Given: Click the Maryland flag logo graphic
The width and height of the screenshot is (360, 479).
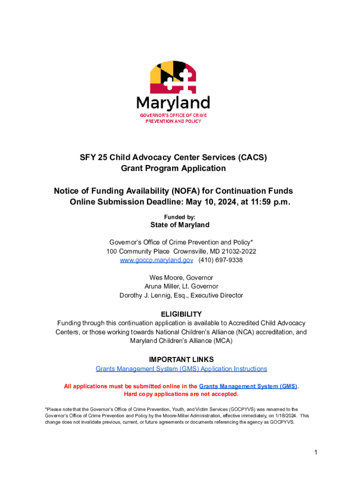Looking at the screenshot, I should (173, 77).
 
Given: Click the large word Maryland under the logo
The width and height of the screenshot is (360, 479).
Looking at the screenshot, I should (173, 103).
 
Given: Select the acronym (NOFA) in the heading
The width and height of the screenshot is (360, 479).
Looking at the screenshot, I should (186, 191).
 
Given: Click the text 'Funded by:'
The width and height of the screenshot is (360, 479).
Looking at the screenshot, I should (180, 217).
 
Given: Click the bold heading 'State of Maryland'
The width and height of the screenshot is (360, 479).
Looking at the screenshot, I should (180, 225).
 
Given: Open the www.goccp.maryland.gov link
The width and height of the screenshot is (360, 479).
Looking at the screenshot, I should (157, 260).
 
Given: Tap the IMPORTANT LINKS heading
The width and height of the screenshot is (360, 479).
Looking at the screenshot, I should (181, 360).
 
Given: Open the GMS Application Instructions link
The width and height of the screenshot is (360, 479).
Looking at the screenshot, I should (181, 369).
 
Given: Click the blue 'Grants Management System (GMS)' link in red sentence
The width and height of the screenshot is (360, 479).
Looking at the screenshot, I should (248, 386).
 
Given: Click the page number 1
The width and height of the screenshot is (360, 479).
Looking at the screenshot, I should (316, 452).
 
